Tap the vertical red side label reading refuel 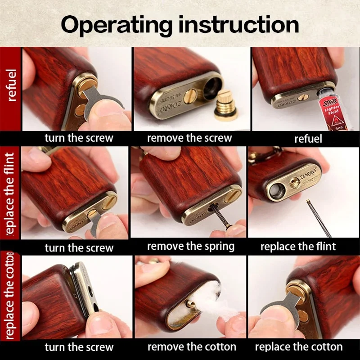point(11,85)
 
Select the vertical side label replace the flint point(10,194)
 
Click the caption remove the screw point(189,138)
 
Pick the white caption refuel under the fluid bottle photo point(308,139)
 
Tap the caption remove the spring point(190,246)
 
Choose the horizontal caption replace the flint point(298,247)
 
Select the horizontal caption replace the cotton point(299,346)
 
